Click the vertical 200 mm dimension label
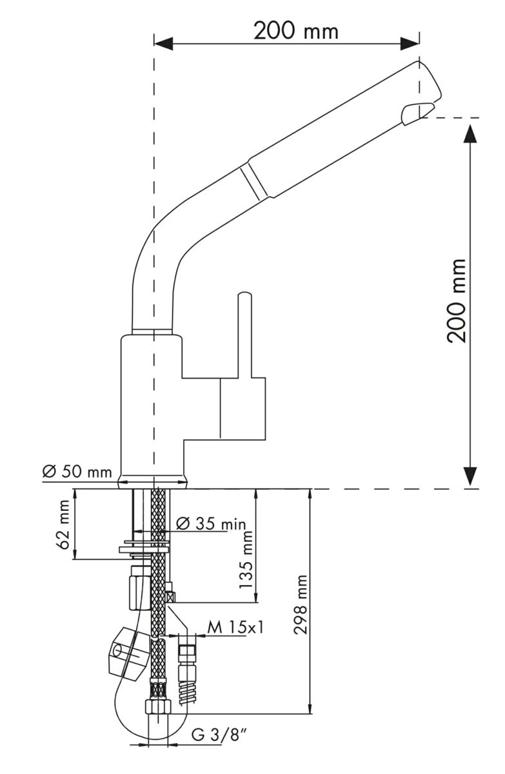click(x=457, y=301)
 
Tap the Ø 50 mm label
click(x=77, y=471)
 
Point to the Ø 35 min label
click(x=211, y=523)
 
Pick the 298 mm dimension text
click(x=301, y=604)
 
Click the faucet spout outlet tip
click(x=417, y=113)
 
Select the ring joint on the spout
click(x=253, y=181)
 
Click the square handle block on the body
click(x=243, y=409)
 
